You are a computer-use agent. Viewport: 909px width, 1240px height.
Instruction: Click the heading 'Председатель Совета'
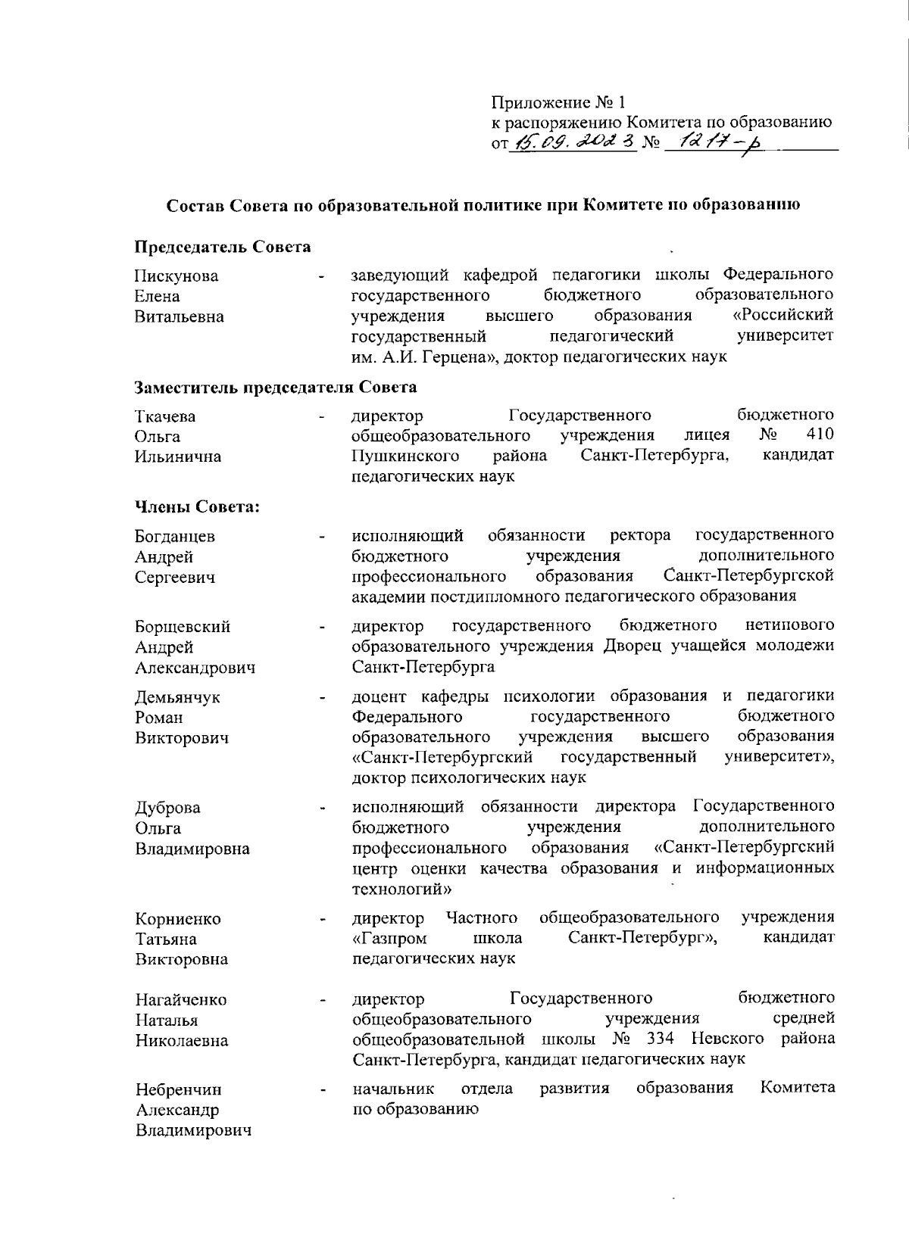coord(223,248)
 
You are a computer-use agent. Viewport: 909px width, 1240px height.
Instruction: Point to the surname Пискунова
coord(176,276)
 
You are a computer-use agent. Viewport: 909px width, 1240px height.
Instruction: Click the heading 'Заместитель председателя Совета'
coord(276,388)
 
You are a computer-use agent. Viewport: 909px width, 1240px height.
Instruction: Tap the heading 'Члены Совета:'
coord(197,506)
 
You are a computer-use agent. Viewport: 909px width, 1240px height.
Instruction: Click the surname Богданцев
coord(175,537)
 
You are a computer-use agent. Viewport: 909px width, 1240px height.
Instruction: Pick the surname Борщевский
coord(183,627)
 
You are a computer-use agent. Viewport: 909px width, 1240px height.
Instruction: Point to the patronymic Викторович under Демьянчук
coord(182,738)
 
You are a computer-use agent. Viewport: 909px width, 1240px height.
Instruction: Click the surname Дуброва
coord(167,808)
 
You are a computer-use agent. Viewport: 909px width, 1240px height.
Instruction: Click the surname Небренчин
coord(179,1090)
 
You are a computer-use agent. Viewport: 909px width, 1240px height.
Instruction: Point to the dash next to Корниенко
coord(323,921)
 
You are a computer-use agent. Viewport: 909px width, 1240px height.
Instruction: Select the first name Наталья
coord(167,1020)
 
